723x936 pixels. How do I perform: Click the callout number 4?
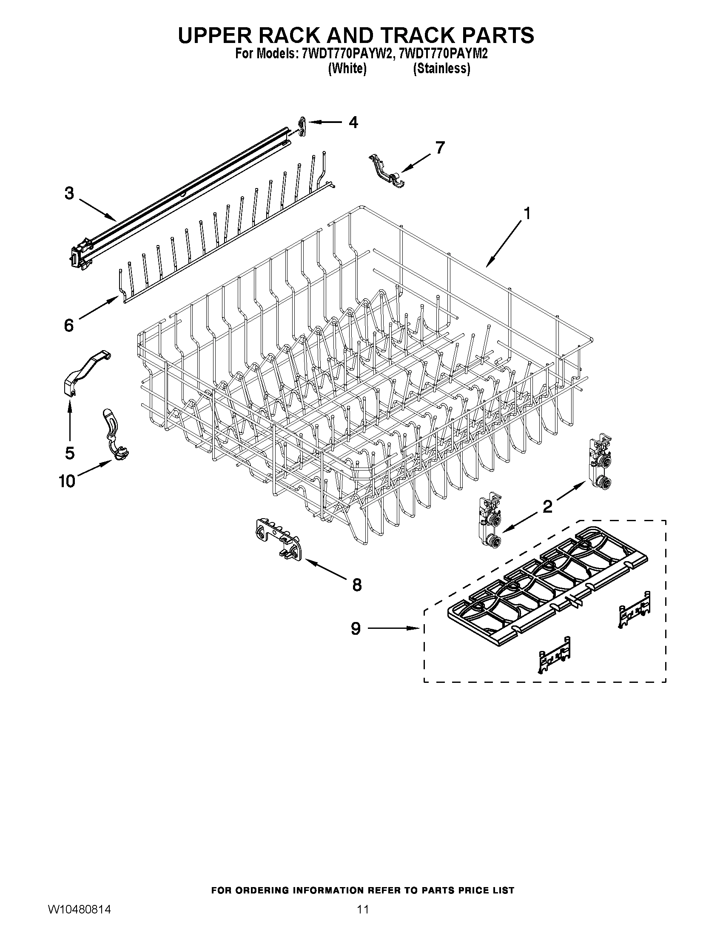[x=353, y=123]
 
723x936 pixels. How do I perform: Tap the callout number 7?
[x=440, y=148]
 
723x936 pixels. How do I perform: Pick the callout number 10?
[x=67, y=481]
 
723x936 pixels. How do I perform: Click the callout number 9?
[x=356, y=629]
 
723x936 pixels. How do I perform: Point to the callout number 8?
[x=356, y=585]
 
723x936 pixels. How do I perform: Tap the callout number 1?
[x=527, y=213]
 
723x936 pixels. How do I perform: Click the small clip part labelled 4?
[x=302, y=127]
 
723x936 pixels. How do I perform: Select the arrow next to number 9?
[x=393, y=628]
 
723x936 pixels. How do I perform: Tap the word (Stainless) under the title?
[x=441, y=68]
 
